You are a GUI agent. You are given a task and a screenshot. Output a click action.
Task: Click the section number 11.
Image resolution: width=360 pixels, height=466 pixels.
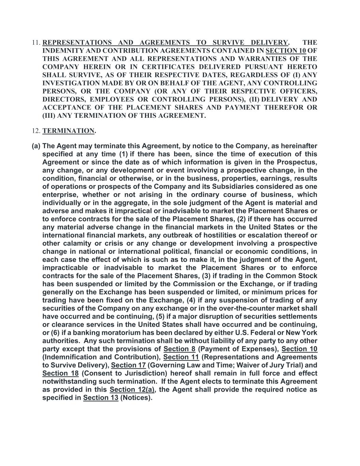point(36,43)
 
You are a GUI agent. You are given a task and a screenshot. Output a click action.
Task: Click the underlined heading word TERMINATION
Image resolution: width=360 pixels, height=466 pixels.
point(68,131)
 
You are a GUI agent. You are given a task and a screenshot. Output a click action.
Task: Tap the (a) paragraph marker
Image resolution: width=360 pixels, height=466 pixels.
point(36,146)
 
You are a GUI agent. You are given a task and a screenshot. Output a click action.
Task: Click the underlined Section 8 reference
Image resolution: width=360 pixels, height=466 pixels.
point(179,349)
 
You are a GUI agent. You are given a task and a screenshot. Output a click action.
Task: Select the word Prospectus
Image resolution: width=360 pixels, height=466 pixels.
point(297,162)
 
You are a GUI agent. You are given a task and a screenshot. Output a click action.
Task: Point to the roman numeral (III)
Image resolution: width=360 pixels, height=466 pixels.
point(49,116)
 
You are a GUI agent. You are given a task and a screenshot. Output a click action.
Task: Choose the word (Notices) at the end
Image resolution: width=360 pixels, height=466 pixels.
point(136,398)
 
